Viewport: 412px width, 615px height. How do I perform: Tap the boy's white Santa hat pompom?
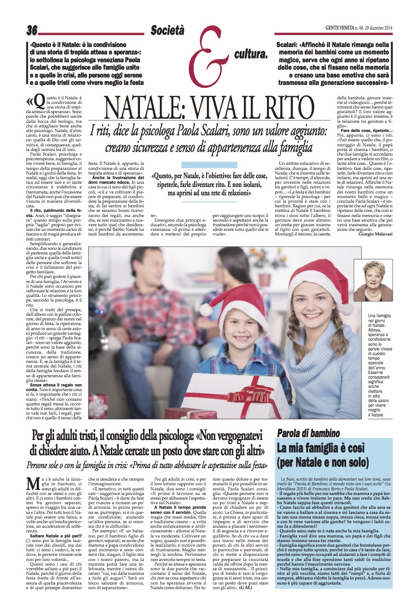point(206,309)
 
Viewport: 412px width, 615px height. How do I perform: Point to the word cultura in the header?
point(251,55)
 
